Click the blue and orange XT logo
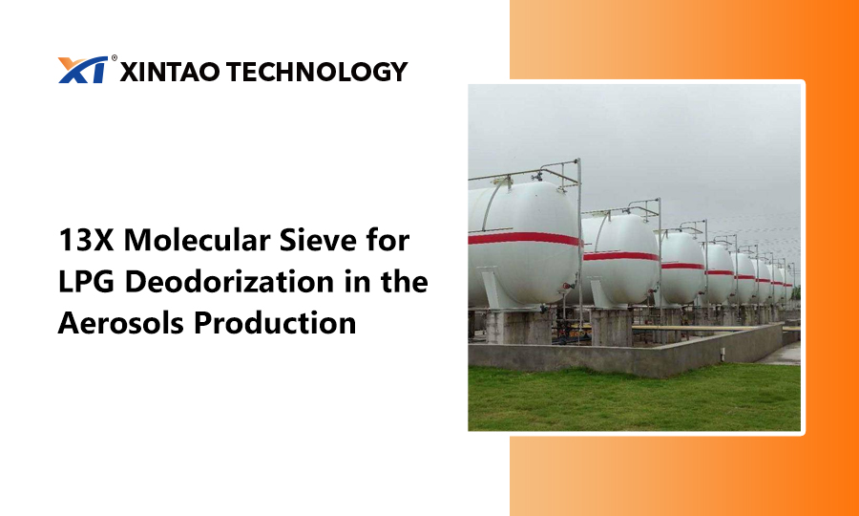[83, 70]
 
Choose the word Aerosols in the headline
[121, 323]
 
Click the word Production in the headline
[275, 323]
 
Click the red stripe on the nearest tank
[524, 239]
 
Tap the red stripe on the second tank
[620, 256]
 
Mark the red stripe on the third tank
[682, 266]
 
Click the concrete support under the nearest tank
[518, 327]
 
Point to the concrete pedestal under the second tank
[611, 327]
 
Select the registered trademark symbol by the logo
[114, 57]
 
